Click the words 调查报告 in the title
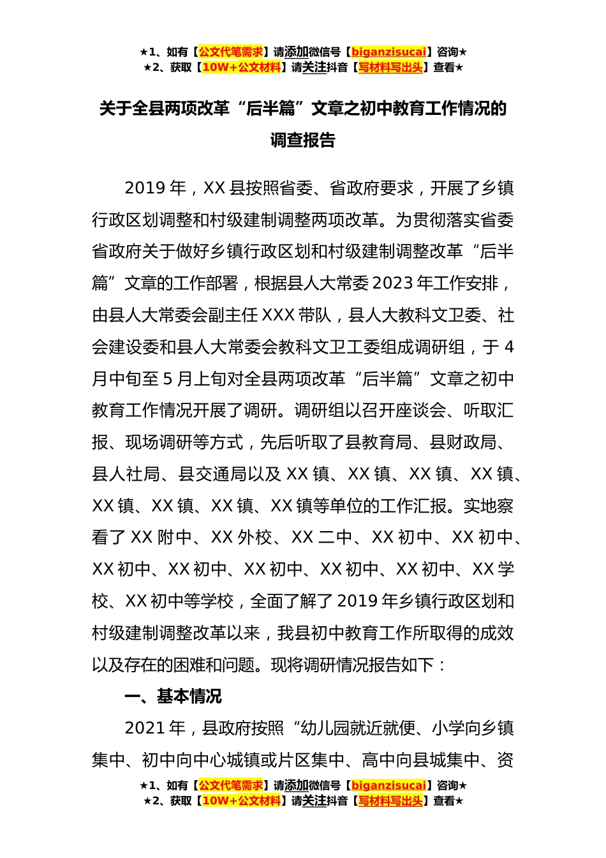302,140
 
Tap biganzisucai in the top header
388,52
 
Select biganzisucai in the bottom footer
388,786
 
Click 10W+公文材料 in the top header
241,68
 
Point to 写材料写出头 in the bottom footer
390,801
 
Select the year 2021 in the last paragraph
146,728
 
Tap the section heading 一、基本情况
173,696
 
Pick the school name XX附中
161,538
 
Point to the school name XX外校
241,538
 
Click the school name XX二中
321,538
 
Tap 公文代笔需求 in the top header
230,52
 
